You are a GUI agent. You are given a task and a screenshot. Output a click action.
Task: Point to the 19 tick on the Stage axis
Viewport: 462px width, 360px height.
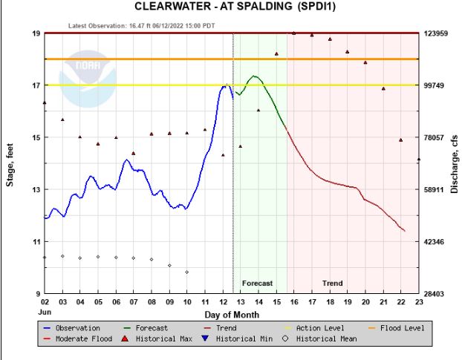[36, 33]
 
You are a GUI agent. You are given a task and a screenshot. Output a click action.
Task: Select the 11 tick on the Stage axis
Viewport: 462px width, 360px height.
[36, 242]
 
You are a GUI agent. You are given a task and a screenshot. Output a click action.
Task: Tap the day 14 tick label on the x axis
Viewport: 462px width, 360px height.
[258, 302]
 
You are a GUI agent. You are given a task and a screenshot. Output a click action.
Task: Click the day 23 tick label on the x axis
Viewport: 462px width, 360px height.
[419, 302]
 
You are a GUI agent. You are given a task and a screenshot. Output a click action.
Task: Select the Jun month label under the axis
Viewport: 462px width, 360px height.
[45, 311]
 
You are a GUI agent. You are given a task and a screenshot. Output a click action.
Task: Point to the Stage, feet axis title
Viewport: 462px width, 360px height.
[10, 163]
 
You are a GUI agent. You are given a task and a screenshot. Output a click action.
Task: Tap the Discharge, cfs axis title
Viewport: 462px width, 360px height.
[454, 163]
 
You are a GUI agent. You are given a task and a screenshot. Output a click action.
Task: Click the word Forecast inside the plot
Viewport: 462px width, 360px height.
[258, 284]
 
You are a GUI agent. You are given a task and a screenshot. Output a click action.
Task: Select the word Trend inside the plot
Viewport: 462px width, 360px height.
[333, 284]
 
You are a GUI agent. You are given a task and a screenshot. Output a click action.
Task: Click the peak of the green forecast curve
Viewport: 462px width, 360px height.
[254, 76]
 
